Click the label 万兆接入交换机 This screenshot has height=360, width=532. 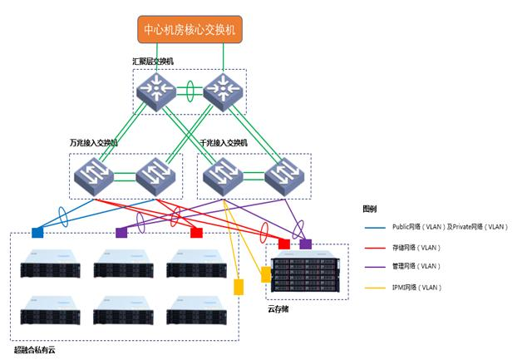[x=94, y=143]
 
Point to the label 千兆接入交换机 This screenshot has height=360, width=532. [x=224, y=143]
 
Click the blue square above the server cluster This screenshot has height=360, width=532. [x=37, y=233]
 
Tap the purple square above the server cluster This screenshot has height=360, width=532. [x=121, y=233]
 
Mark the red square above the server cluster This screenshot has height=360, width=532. [x=196, y=233]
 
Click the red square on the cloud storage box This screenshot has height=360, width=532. [x=284, y=244]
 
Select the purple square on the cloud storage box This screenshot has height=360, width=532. [x=305, y=244]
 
